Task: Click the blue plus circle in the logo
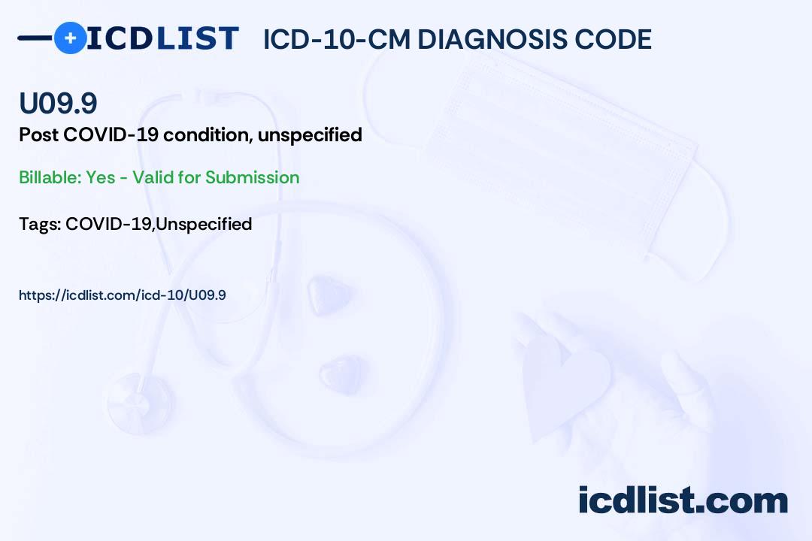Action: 71,38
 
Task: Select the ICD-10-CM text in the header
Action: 337,39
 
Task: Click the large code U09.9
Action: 58,103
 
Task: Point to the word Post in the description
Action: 39,134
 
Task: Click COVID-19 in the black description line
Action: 111,134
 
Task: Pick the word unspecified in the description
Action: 310,135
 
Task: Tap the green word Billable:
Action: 50,177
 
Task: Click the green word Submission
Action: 252,177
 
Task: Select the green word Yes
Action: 101,177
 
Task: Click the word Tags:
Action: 41,224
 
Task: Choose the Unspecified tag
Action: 204,224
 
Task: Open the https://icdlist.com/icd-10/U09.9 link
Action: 123,295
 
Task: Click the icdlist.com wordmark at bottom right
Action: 683,500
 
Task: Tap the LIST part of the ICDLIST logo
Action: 197,38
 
